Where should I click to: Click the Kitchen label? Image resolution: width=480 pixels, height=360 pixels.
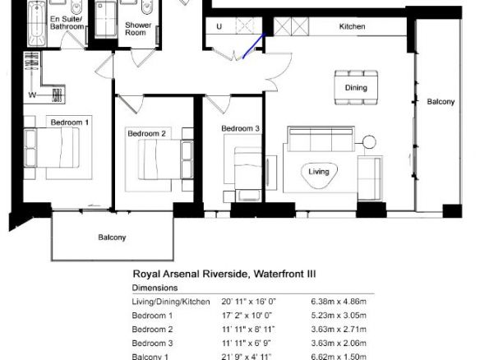352,26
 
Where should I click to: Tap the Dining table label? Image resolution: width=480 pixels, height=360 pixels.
356,88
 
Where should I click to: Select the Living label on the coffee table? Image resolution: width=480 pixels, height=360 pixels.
319,172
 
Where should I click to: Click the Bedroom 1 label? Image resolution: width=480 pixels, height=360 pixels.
70,122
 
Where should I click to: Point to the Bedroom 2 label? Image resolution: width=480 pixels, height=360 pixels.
146,133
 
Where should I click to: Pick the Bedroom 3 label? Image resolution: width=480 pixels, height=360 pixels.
240,128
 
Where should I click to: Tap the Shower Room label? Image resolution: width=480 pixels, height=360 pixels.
138,29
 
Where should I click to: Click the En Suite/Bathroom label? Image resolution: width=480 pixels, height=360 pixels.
67,23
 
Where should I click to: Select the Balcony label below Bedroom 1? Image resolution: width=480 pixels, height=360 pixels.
112,238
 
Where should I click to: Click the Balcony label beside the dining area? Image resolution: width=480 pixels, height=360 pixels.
441,102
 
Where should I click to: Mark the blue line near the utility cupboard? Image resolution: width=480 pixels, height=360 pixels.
254,46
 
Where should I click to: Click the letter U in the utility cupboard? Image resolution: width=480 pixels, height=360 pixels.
219,26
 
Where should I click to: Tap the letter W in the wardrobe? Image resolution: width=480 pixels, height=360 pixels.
32,95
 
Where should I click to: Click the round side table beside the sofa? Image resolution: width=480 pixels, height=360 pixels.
369,141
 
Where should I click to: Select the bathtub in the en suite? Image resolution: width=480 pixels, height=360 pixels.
37,23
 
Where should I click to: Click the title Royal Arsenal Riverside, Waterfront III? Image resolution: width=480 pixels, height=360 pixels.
224,274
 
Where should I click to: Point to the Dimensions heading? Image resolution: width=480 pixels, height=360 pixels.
155,288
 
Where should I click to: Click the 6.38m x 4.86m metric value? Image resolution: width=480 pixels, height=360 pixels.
339,302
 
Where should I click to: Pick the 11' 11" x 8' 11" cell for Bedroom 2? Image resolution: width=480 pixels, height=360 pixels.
248,330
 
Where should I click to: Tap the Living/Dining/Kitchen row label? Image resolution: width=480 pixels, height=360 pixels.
171,302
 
